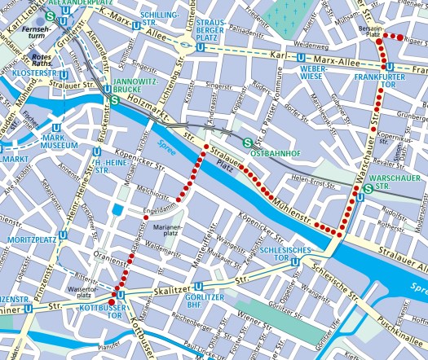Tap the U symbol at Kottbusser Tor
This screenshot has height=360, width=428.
[121, 294]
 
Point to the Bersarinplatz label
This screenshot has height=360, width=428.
[373, 32]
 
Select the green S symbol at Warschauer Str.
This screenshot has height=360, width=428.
[370, 189]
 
